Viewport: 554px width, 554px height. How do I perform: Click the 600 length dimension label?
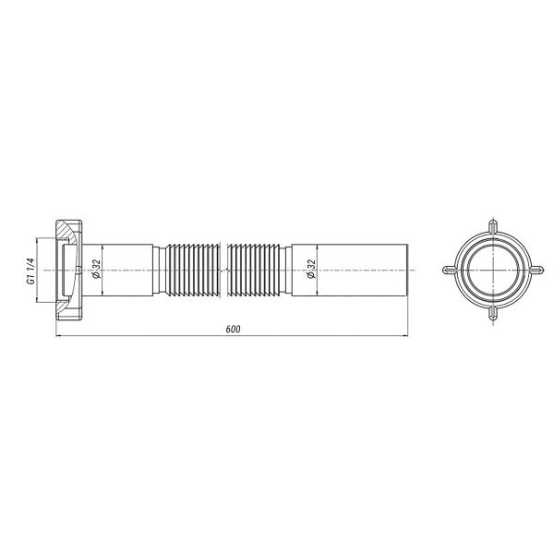coord(233,329)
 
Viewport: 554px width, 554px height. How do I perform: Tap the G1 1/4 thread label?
coord(30,271)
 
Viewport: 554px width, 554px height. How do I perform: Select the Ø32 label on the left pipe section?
coord(96,270)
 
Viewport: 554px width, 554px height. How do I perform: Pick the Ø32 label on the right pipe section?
coord(311,270)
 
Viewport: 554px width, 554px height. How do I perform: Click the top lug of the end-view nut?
coord(493,226)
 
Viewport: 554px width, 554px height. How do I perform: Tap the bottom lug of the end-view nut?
coord(493,313)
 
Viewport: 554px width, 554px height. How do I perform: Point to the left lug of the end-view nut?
coord(451,270)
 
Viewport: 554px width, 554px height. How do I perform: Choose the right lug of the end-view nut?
coord(536,270)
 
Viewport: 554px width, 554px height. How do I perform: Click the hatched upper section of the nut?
coord(68,230)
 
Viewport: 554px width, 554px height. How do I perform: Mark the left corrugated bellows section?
coord(193,270)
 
